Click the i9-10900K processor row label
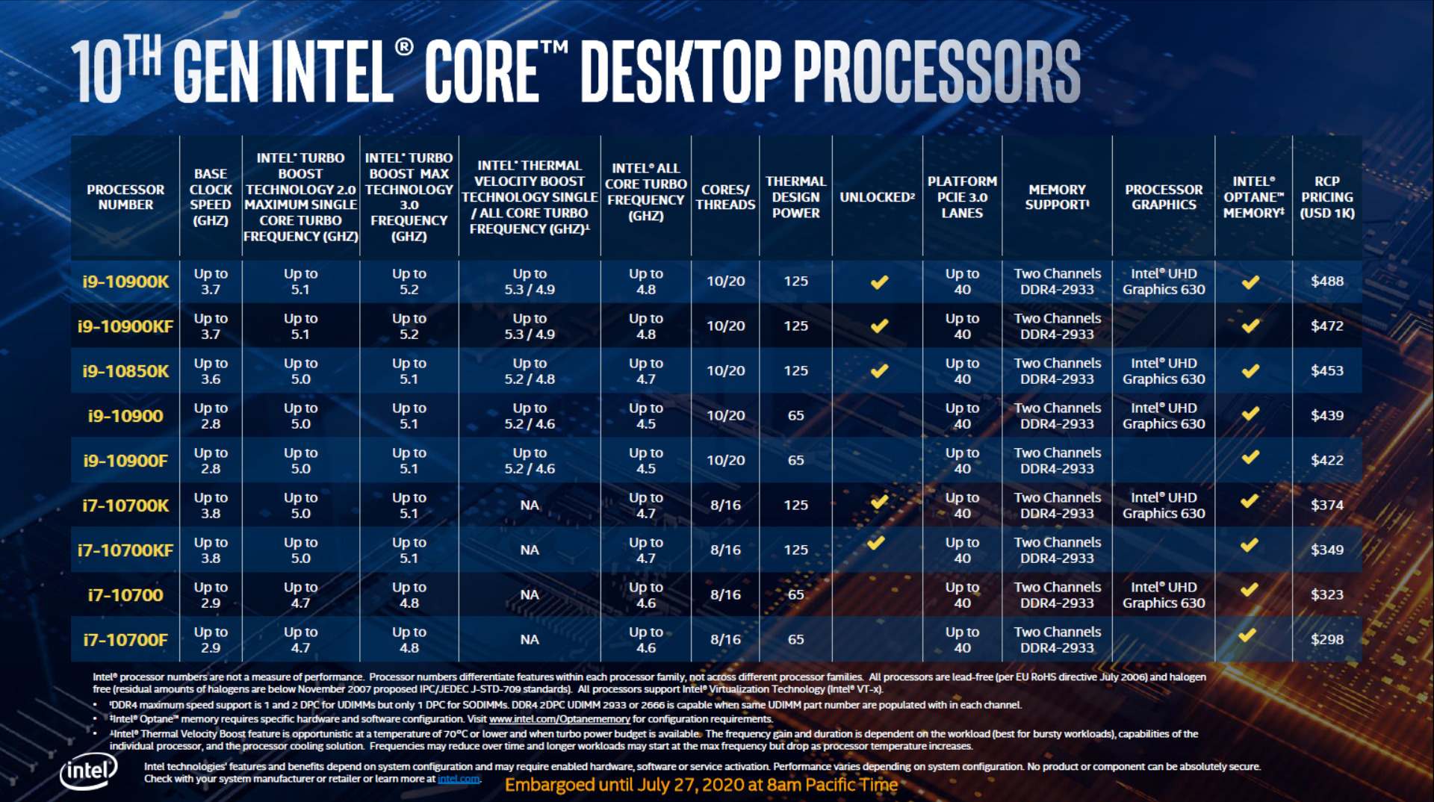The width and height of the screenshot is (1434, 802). [x=125, y=282]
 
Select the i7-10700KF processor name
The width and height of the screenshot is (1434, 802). [x=125, y=550]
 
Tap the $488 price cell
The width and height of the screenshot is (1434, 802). [x=1326, y=282]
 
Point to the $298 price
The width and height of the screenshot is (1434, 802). [x=1326, y=639]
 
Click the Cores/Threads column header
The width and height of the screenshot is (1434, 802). [x=725, y=197]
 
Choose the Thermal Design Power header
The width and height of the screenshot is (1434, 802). [x=795, y=197]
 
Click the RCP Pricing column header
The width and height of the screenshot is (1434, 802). [x=1326, y=197]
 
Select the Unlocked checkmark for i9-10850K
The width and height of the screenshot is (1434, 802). [x=879, y=370]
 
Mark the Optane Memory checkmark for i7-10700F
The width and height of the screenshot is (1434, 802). [x=1247, y=635]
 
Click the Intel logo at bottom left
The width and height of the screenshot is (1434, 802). [x=88, y=771]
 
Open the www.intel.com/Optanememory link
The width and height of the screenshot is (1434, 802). [x=559, y=719]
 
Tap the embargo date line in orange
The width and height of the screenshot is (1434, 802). [x=701, y=785]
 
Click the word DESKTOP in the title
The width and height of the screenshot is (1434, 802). [x=680, y=72]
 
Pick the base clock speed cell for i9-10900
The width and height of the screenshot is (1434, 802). [x=211, y=416]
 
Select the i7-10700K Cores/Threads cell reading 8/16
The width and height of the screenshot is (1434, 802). [x=725, y=506]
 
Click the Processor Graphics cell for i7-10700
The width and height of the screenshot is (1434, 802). [x=1164, y=595]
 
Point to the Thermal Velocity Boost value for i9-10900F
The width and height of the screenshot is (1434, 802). [x=530, y=461]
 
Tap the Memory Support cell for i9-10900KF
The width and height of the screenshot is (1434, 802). [x=1057, y=326]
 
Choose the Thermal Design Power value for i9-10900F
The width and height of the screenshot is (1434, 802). [x=795, y=461]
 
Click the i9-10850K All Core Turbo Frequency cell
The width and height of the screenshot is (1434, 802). [x=645, y=371]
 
